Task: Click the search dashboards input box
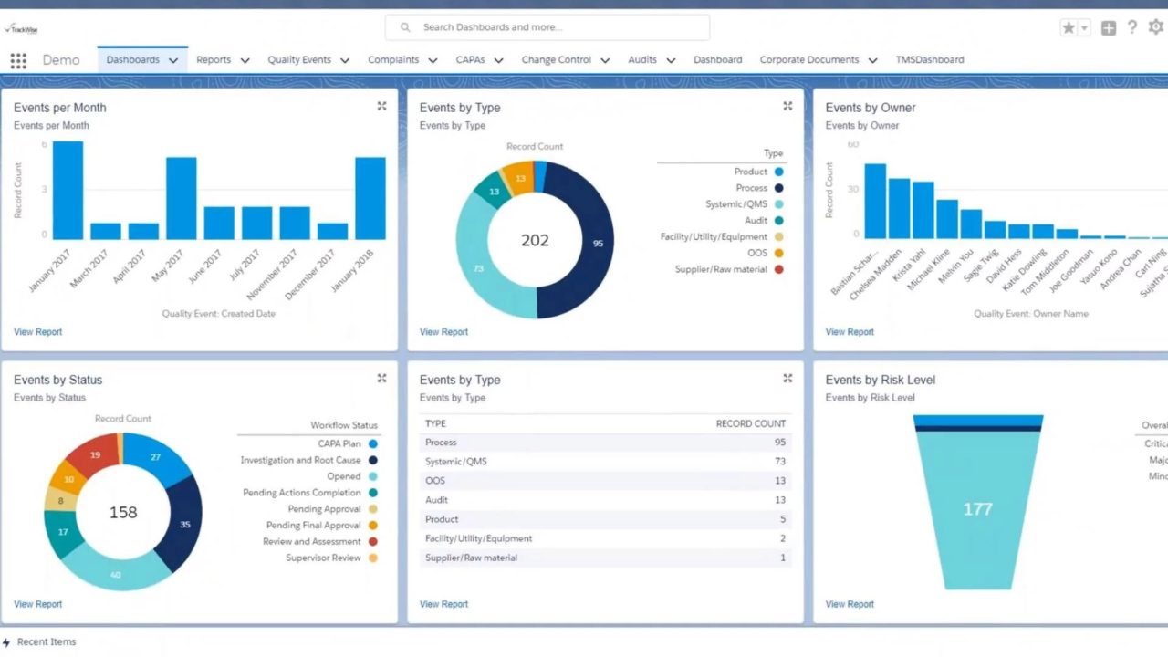547,27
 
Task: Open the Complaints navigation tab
393,60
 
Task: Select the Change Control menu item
556,60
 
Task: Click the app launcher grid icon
18,60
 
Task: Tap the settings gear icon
1155,27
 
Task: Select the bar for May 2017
181,198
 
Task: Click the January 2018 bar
370,198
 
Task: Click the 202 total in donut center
535,241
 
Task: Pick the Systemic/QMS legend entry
736,204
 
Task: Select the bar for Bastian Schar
875,201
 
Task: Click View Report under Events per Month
37,332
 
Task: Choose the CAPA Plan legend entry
339,444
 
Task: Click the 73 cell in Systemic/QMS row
779,462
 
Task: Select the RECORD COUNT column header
750,423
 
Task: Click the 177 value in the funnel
977,509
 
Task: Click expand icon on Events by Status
381,379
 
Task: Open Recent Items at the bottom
46,642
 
